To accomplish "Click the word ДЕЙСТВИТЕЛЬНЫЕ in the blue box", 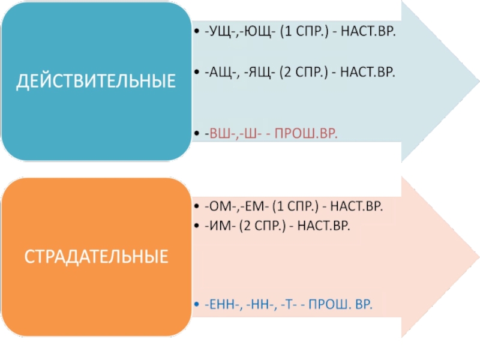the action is [96, 81].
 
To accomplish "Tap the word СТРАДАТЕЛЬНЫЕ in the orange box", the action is [96, 257].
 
